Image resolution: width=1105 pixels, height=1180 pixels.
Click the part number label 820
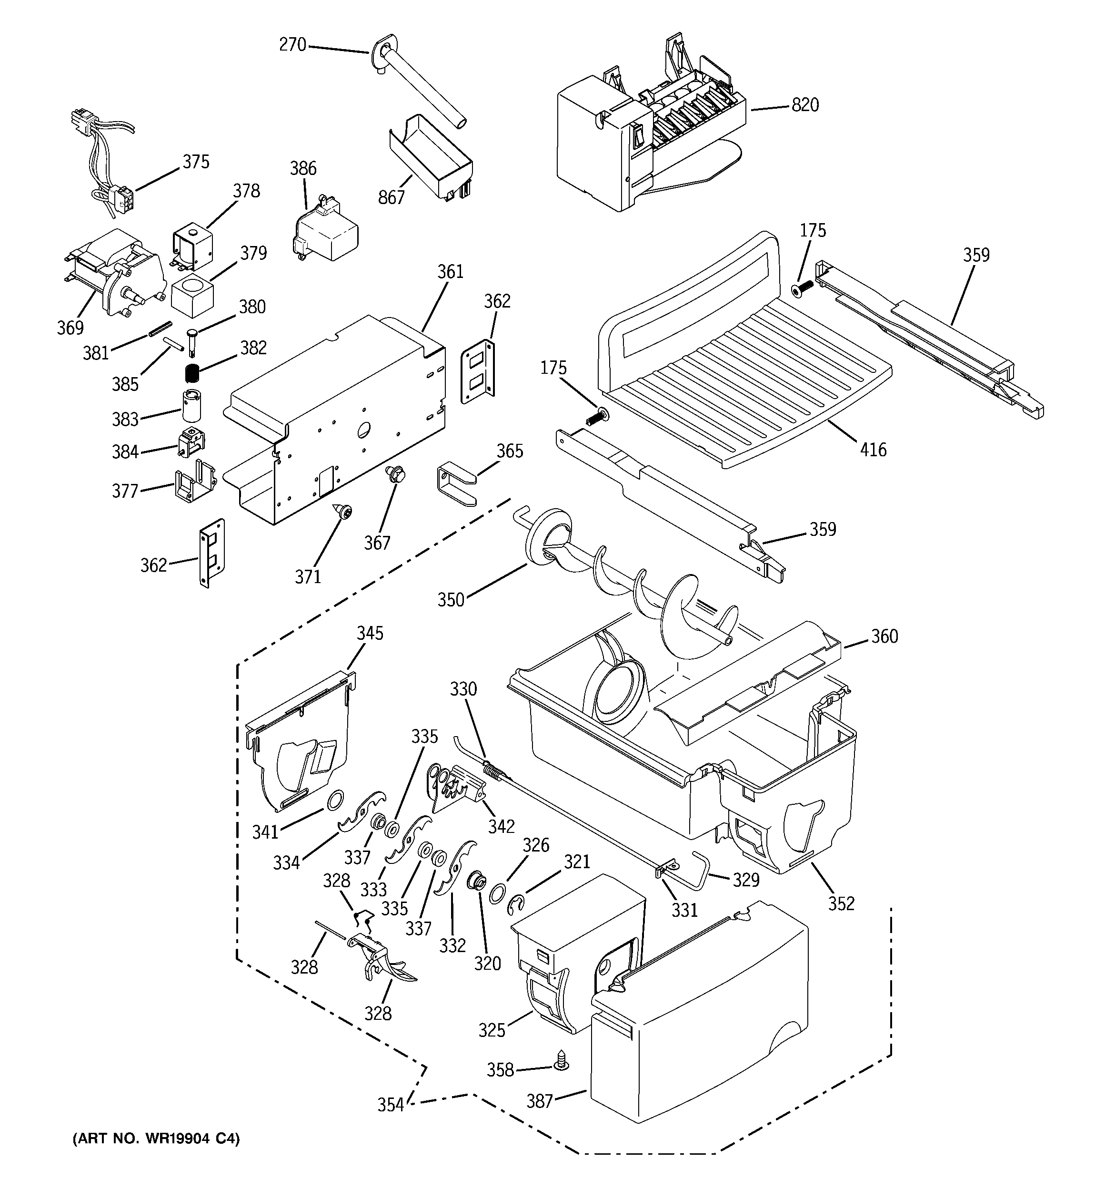click(x=805, y=105)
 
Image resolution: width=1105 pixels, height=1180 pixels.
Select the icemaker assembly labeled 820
click(x=646, y=136)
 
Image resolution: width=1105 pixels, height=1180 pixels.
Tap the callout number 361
click(x=450, y=272)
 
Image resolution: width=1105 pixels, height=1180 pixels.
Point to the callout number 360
click(x=884, y=637)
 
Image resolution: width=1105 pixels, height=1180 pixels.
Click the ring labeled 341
click(x=334, y=800)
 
